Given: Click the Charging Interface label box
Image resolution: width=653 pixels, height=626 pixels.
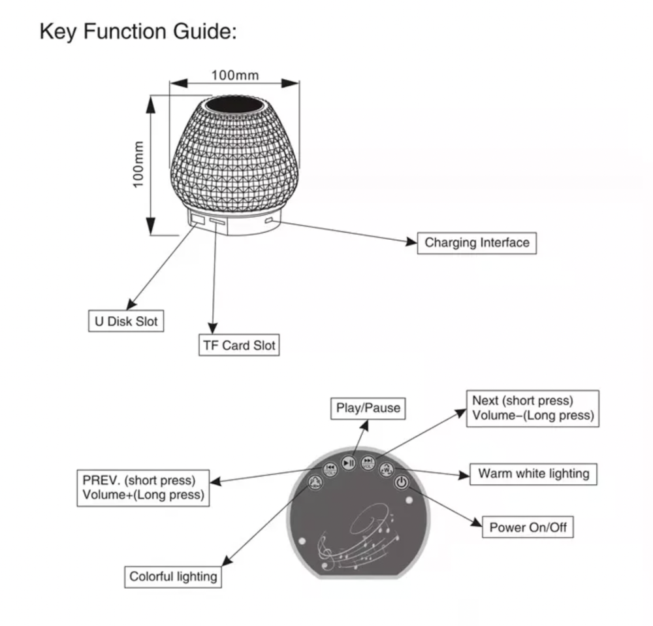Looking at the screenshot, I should click(x=477, y=243).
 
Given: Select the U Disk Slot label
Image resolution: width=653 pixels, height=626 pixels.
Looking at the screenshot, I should click(x=124, y=321).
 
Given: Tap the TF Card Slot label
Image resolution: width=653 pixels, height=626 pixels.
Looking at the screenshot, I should click(x=238, y=345).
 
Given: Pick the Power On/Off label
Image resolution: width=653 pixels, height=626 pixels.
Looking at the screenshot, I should click(x=528, y=527).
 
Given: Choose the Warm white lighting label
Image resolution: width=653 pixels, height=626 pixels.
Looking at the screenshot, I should click(x=534, y=474).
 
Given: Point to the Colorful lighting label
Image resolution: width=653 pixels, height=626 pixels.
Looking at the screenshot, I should click(x=173, y=576).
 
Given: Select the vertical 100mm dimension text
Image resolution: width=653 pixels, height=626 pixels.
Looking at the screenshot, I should click(x=138, y=164).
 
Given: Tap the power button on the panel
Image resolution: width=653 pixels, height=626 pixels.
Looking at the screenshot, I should click(x=402, y=484).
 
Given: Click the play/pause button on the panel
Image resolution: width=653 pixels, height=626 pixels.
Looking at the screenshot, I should click(x=349, y=463).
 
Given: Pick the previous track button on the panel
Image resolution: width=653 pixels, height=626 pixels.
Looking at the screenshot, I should click(x=330, y=469).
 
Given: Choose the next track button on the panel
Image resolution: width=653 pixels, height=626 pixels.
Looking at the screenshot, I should click(x=368, y=463).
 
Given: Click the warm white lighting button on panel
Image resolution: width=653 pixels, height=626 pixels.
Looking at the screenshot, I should click(x=387, y=469).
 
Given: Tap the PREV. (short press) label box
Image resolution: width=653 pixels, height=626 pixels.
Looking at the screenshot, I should click(x=143, y=487).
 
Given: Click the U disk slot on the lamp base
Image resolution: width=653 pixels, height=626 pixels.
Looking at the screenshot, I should click(x=195, y=221).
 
